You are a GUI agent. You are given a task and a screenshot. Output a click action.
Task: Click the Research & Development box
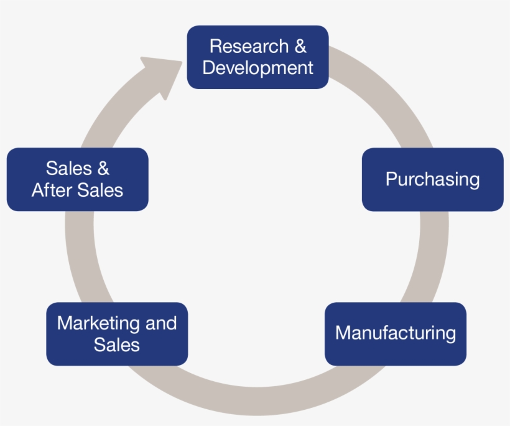[x=257, y=57]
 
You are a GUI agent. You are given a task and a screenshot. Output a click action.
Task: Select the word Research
[x=241, y=46]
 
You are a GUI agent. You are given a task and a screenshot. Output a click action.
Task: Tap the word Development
[x=257, y=68]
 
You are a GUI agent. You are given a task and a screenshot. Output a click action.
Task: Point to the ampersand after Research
[x=300, y=46]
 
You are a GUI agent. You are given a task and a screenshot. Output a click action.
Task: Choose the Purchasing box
[x=432, y=179]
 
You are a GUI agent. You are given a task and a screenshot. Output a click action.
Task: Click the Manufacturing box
[x=395, y=334]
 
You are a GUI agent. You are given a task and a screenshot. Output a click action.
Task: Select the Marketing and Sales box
[x=117, y=334]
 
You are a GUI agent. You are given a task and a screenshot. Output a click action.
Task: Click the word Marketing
[x=98, y=323]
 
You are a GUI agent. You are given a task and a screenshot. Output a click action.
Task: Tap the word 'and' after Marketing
[x=161, y=323]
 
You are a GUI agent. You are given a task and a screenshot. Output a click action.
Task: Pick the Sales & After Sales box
[x=77, y=179]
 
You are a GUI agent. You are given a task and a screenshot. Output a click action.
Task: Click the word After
[x=51, y=190]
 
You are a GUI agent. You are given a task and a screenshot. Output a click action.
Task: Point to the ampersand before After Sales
[x=103, y=168]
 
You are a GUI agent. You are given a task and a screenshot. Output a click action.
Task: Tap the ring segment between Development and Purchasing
[x=386, y=93]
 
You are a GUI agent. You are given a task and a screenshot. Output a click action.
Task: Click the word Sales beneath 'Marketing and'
[x=117, y=344]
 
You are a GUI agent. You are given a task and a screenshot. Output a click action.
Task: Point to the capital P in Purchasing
[x=391, y=179]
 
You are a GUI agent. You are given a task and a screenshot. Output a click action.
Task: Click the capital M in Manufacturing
[x=343, y=333]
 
